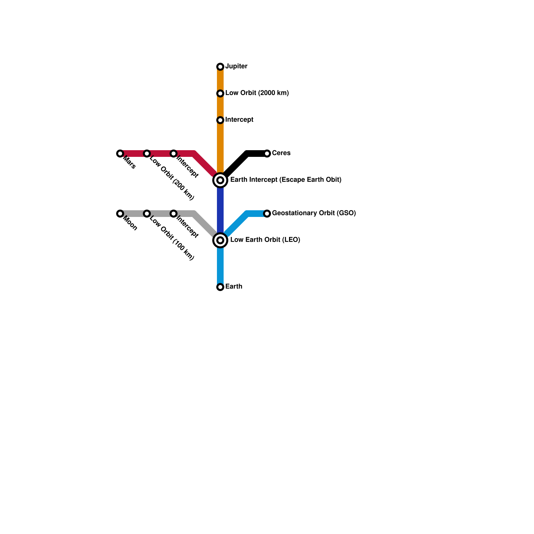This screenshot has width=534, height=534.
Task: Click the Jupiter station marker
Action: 220,67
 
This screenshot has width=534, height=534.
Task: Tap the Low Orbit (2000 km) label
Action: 257,93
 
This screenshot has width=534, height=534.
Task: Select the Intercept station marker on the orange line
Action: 220,120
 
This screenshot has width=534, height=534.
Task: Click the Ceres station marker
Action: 267,154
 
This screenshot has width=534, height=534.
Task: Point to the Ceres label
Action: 281,153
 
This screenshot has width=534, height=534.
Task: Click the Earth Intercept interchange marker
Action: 220,180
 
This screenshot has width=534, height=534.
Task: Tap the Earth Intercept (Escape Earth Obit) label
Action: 286,180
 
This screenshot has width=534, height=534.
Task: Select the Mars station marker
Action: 120,154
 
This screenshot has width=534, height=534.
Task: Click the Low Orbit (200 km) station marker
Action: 147,154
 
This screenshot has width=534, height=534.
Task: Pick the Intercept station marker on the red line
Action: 174,154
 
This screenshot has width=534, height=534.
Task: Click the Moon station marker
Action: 120,214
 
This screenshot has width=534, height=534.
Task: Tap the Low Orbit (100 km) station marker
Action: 147,214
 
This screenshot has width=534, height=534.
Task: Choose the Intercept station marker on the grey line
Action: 174,214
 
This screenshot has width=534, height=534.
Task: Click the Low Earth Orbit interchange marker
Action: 220,240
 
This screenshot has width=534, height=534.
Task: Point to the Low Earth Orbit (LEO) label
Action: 265,240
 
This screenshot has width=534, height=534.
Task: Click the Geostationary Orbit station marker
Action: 267,214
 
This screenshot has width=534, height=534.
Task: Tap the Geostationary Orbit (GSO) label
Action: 314,213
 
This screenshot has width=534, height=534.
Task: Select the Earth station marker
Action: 220,287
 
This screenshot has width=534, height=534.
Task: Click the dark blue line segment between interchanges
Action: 220,210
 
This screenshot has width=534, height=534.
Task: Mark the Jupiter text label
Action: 236,66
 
